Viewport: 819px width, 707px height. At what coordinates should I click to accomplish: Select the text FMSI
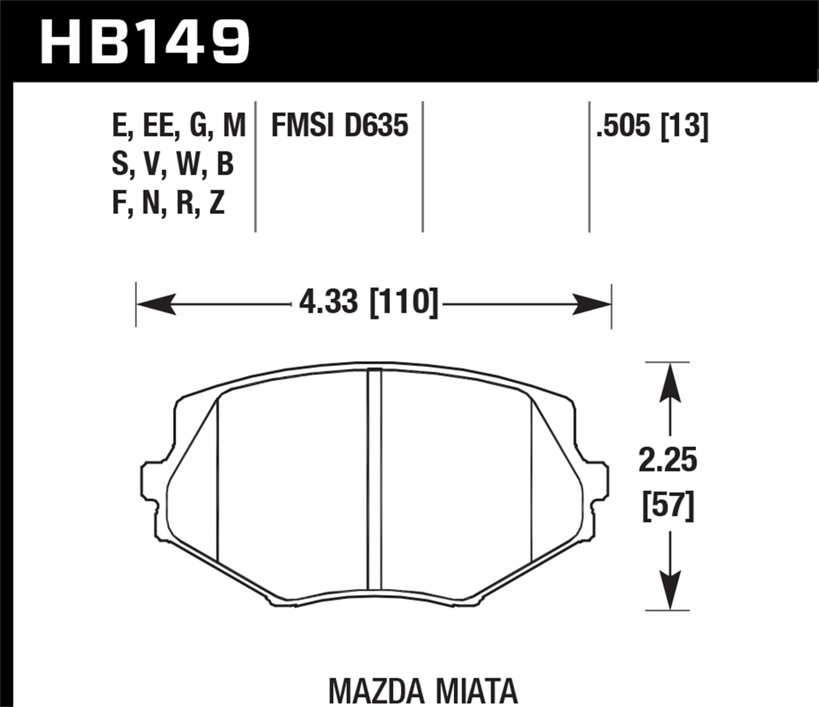302,126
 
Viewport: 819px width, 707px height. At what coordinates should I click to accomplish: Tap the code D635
376,126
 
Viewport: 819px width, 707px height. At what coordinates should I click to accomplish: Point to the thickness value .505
624,126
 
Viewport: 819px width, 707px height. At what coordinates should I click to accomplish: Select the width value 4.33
329,302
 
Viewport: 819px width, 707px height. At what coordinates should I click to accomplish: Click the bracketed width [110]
404,302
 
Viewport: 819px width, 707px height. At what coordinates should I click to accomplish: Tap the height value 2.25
668,462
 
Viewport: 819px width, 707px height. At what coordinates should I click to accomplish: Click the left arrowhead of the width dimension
156,304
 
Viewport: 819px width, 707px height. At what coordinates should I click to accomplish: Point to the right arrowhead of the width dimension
592,304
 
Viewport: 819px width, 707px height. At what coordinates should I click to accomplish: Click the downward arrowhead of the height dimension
670,589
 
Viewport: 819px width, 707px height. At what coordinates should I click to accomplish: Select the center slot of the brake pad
375,480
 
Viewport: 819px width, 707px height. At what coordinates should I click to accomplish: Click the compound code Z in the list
217,203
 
